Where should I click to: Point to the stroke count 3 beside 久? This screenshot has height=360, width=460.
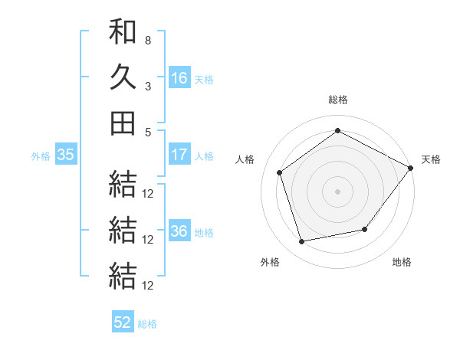click(x=148, y=86)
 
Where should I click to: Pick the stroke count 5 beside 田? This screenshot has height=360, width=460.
click(x=148, y=132)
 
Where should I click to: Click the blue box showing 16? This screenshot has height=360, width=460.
click(x=179, y=77)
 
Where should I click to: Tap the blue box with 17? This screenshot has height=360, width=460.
click(x=179, y=155)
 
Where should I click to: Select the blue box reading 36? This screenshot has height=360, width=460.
click(x=179, y=232)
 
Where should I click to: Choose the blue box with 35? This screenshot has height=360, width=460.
click(x=66, y=155)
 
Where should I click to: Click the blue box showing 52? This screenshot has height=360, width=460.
click(x=123, y=323)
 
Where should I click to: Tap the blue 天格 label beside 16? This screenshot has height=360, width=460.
click(x=204, y=79)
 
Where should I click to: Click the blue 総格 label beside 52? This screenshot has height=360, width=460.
click(x=147, y=324)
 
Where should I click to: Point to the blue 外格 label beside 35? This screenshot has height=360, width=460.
click(x=41, y=156)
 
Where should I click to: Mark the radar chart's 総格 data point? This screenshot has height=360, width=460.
click(x=337, y=130)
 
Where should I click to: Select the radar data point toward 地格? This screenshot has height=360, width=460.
click(x=365, y=229)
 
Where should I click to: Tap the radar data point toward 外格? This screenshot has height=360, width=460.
click(x=302, y=241)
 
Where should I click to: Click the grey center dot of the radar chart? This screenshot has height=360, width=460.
click(x=337, y=191)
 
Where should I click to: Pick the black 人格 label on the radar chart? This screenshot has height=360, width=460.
click(x=245, y=159)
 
